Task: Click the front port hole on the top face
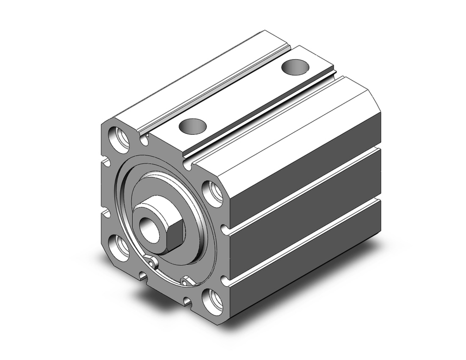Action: click(x=192, y=125)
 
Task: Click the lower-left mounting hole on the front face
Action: click(x=119, y=246)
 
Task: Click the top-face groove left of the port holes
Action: click(x=214, y=89)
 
